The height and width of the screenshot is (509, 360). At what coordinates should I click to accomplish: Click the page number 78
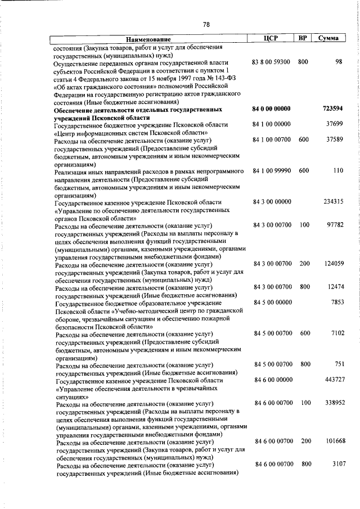[x=206, y=24]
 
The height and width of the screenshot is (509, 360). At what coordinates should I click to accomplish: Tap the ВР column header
[x=303, y=38]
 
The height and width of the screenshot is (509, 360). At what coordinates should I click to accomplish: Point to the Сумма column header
[x=328, y=38]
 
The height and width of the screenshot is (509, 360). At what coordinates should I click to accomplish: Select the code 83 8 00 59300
[x=272, y=61]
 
